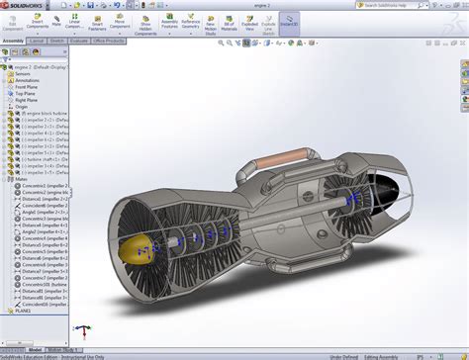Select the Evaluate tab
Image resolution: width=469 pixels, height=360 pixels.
[x=79, y=42]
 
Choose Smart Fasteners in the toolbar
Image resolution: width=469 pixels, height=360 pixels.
[x=98, y=21]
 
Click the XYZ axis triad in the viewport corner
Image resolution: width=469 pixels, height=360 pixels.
[x=86, y=333]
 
